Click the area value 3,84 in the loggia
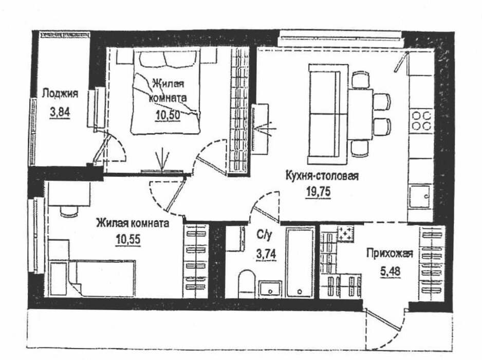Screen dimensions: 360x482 (59, 111)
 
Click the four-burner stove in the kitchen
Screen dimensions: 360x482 (421, 120)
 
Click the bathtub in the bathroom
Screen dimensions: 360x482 (299, 263)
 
